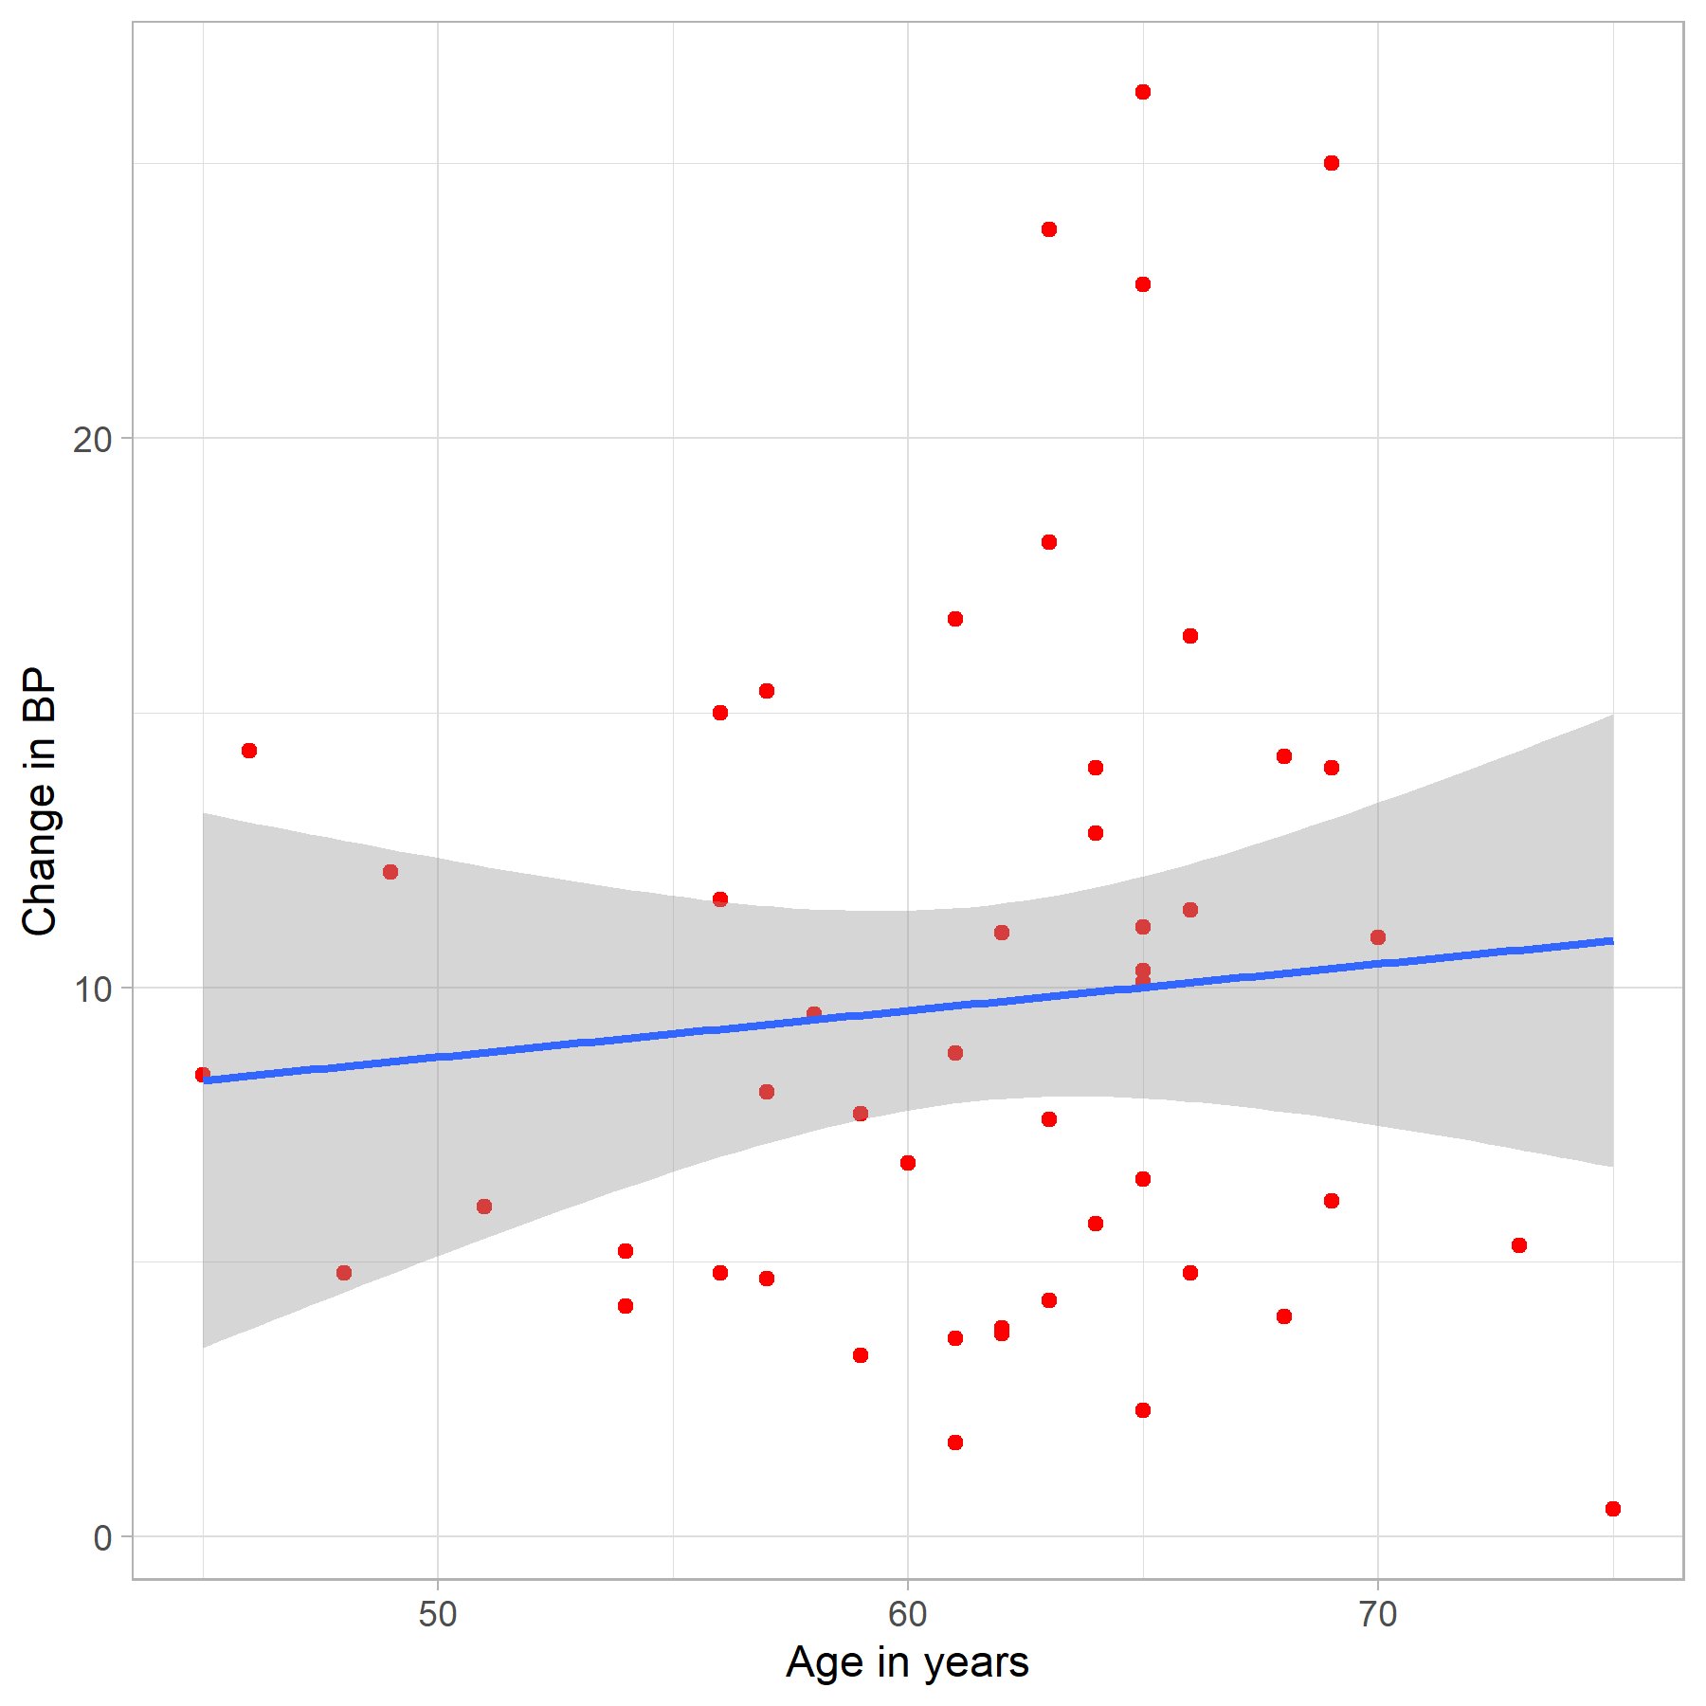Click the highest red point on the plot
(1143, 92)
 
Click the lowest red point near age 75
(1613, 1509)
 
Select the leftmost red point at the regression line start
(202, 1075)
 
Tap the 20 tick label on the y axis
(92, 440)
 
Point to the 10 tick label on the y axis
(92, 989)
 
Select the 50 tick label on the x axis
(438, 1614)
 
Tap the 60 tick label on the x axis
(908, 1614)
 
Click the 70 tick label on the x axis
(1378, 1614)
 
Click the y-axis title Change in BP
(40, 802)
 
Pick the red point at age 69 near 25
(1332, 163)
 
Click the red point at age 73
(1519, 1245)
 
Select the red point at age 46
(249, 751)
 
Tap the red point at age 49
(390, 872)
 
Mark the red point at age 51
(484, 1207)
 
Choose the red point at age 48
(344, 1273)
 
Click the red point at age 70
(1378, 937)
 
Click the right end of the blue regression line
(1611, 941)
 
